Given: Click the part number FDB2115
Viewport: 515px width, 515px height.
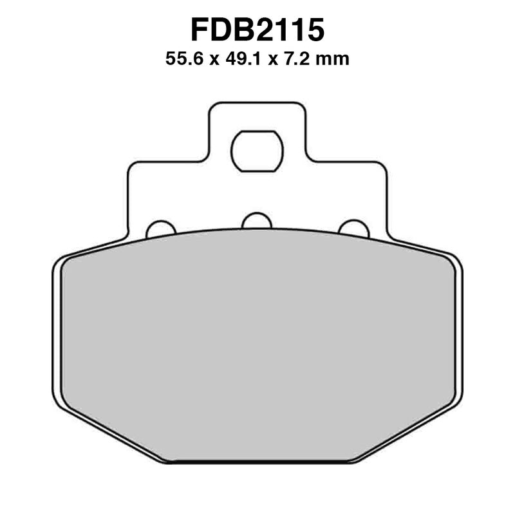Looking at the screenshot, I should (x=257, y=30).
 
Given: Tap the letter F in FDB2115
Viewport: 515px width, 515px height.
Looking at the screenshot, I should (x=200, y=30).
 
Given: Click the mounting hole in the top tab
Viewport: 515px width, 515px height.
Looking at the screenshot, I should (x=257, y=151).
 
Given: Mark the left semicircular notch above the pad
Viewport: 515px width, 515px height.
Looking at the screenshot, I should (x=160, y=229).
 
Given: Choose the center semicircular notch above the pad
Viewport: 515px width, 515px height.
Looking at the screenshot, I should (x=257, y=220).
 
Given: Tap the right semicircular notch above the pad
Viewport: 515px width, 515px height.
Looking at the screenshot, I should (x=353, y=229).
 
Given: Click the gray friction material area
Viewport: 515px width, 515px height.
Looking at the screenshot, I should (x=257, y=348).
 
